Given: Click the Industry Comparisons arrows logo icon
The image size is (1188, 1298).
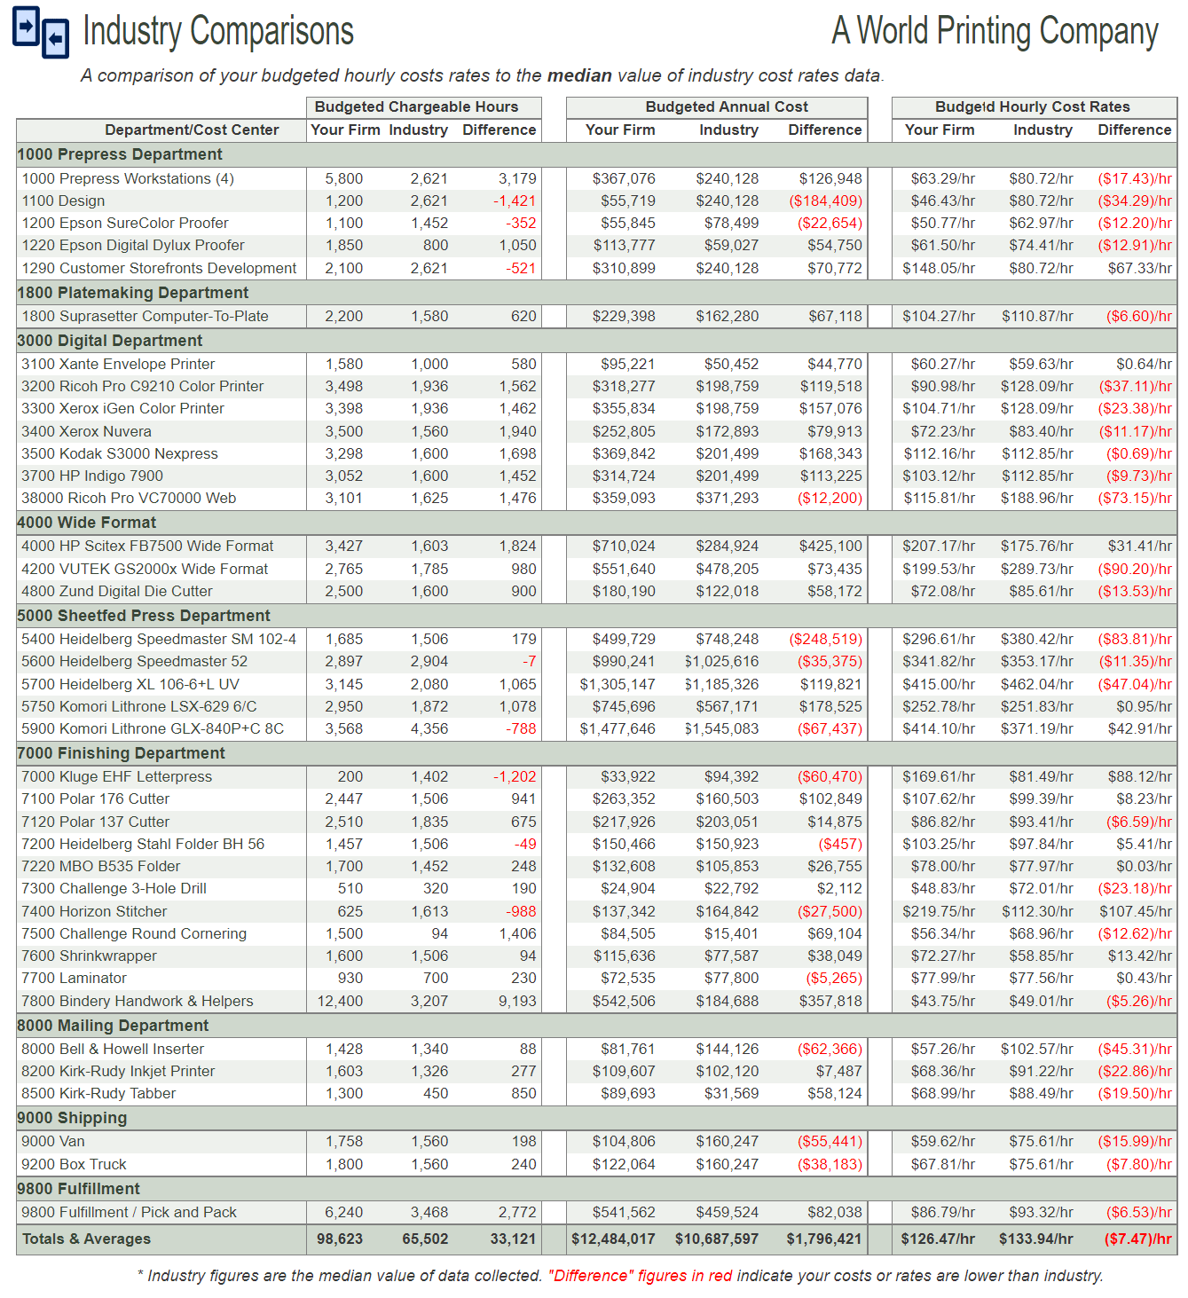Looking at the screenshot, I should pyautogui.click(x=40, y=32).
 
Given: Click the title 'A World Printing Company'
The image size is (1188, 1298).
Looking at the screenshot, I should pyautogui.click(x=995, y=31).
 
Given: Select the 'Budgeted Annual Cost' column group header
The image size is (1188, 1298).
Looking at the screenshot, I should pyautogui.click(x=726, y=106).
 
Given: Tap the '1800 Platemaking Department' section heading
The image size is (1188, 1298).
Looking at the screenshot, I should pyautogui.click(x=133, y=293).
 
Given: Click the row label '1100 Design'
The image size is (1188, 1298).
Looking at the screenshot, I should pyautogui.click(x=63, y=201).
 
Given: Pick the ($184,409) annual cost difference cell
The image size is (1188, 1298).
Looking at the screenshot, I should pyautogui.click(x=825, y=201).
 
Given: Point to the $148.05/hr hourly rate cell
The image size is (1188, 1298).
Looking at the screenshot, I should pyautogui.click(x=939, y=268).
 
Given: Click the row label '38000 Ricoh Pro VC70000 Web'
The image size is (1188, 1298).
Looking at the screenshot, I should pyautogui.click(x=129, y=499).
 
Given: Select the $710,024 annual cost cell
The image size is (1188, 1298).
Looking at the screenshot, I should pyautogui.click(x=624, y=547).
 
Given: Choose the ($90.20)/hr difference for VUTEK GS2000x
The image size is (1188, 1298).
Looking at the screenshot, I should pyautogui.click(x=1134, y=569).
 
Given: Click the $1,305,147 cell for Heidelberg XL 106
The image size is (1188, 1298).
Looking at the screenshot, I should pyautogui.click(x=618, y=684).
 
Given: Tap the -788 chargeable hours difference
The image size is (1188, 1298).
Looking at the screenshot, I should pyautogui.click(x=521, y=729).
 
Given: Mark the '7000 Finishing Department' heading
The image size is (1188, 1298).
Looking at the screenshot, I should pyautogui.click(x=122, y=753).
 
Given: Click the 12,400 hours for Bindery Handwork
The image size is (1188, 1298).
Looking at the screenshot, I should pyautogui.click(x=340, y=1001).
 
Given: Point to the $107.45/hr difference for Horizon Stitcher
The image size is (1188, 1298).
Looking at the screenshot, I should pyautogui.click(x=1135, y=911).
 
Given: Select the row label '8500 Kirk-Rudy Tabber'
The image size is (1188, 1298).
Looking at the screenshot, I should pyautogui.click(x=98, y=1094).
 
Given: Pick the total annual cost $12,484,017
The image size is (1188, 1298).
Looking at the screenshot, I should pyautogui.click(x=613, y=1239).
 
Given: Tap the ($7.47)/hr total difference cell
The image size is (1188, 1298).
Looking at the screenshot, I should pyautogui.click(x=1137, y=1239).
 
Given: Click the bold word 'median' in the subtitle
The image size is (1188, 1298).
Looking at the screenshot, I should pyautogui.click(x=578, y=75).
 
